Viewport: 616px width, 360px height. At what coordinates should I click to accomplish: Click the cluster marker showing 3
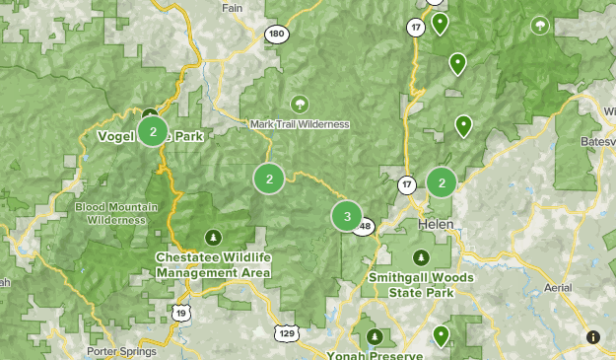(x=347, y=216)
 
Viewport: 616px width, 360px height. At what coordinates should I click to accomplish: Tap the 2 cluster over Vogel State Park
(x=152, y=130)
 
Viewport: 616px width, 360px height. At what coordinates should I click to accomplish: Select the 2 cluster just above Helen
(x=442, y=182)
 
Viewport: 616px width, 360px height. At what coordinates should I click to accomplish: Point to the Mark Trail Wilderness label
(x=300, y=124)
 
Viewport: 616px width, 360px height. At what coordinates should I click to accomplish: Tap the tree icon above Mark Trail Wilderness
(x=299, y=104)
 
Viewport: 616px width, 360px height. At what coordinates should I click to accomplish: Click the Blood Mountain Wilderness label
(x=110, y=212)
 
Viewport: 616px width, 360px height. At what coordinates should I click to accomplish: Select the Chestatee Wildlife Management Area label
(x=213, y=264)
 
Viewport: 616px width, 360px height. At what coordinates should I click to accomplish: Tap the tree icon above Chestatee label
(x=213, y=237)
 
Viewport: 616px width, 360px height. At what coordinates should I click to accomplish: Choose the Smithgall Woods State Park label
(x=421, y=285)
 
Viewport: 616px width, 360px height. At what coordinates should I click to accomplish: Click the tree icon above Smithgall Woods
(x=421, y=257)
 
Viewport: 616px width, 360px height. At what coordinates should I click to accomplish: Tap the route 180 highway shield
(x=276, y=35)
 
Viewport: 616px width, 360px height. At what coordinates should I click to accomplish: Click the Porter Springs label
(x=123, y=351)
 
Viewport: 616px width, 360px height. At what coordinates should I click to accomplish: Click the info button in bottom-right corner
(x=593, y=336)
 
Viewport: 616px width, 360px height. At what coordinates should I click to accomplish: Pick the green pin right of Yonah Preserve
(x=441, y=336)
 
